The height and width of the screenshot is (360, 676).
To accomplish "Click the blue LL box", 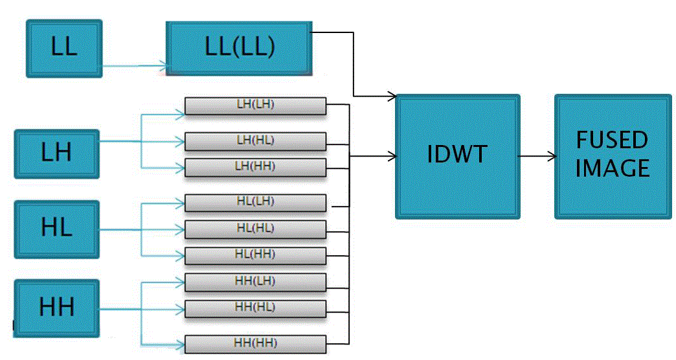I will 64,49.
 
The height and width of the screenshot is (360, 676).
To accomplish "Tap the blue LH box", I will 56,153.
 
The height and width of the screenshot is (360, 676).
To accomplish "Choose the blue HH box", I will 56,308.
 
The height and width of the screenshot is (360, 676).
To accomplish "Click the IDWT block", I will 457,155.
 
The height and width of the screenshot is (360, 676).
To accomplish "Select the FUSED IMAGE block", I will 612,155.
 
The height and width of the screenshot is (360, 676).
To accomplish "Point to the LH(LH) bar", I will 255,106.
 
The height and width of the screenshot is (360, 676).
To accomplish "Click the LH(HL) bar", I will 255,141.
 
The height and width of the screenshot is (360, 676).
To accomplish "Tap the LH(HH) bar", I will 255,167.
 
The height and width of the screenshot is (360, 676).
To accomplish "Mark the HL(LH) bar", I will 255,203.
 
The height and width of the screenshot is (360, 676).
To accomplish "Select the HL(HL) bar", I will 255,229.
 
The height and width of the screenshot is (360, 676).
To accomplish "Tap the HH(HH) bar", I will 255,343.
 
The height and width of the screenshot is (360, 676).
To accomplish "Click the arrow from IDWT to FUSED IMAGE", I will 537,156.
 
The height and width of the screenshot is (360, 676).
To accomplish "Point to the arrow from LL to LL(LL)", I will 135,65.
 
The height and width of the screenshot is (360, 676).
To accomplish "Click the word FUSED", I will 612,141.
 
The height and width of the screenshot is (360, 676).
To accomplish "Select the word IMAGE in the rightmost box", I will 612,169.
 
